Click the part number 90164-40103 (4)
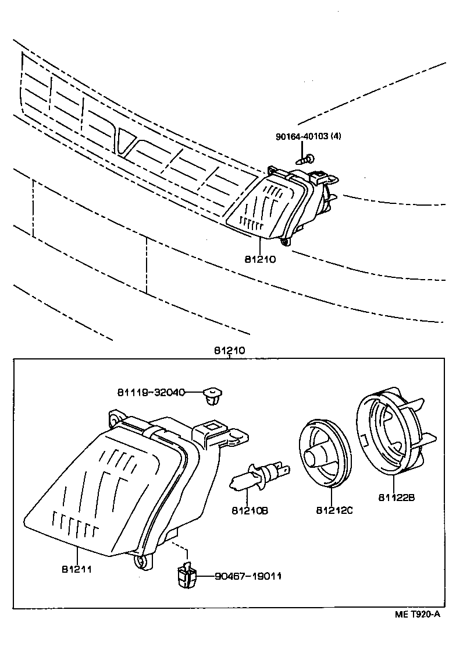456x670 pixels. click(x=308, y=137)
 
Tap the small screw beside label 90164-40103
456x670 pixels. click(x=306, y=158)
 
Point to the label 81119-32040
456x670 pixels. click(x=151, y=393)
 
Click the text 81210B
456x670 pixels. click(x=250, y=511)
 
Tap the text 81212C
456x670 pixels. click(x=334, y=510)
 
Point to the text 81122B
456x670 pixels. click(x=396, y=498)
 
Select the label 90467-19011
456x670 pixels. click(x=248, y=576)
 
